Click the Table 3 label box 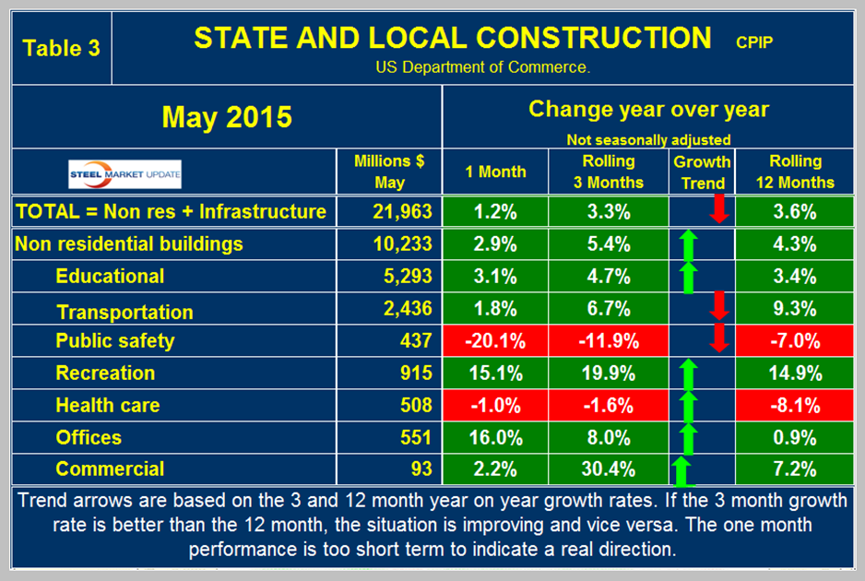point(61,48)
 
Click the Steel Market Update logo point(125,172)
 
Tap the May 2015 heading point(227,117)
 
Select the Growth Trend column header point(703,172)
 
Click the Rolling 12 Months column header point(794,172)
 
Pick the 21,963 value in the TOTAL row point(402,212)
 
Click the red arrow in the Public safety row point(721,334)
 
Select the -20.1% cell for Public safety point(495,341)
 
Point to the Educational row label point(110,277)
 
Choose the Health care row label point(107,405)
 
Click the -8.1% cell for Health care point(794,405)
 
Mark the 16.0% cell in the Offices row point(495,437)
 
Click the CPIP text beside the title point(755,41)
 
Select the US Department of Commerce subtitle point(482,67)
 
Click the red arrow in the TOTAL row point(721,208)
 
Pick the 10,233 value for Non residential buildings point(402,244)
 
